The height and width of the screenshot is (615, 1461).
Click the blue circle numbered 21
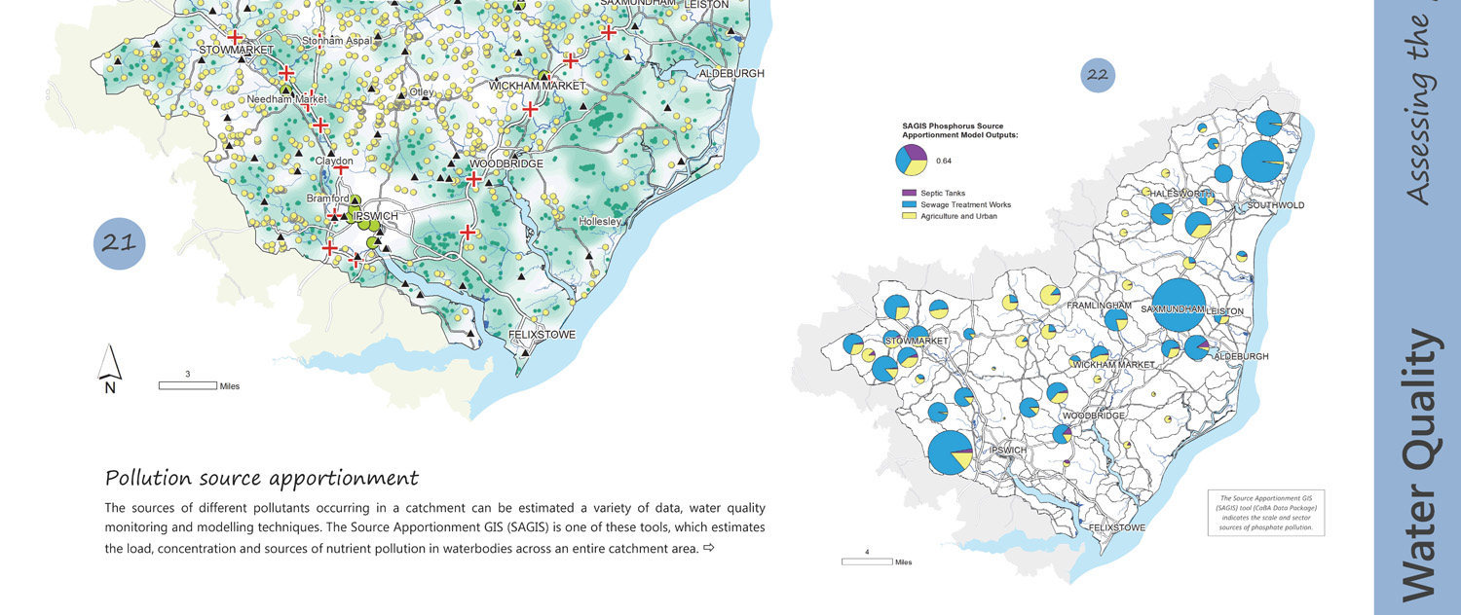[x=119, y=243]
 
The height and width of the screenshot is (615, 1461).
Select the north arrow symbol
[x=110, y=368]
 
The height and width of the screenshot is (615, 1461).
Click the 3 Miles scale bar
[x=188, y=385]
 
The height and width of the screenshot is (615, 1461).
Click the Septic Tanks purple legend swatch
[x=910, y=194]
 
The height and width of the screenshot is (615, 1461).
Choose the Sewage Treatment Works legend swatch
[x=910, y=204]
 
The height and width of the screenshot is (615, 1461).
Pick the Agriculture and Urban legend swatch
[x=910, y=216]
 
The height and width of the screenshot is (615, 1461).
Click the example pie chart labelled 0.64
[x=911, y=160]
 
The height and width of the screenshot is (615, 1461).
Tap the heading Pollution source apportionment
[x=261, y=478]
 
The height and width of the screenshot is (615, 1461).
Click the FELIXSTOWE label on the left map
[x=542, y=335]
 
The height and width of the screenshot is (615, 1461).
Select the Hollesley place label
[x=599, y=222]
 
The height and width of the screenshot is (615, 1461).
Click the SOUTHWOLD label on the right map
[x=1275, y=205]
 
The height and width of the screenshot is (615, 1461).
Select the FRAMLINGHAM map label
[x=1099, y=306]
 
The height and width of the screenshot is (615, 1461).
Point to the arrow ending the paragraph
[x=708, y=549]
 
